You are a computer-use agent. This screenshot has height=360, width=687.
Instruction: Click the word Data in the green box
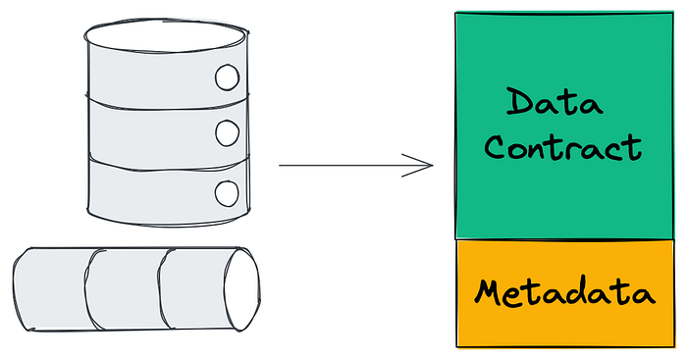[555, 102]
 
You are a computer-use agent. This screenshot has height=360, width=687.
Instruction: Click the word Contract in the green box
[563, 147]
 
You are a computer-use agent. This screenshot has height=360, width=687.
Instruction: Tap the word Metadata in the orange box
[564, 292]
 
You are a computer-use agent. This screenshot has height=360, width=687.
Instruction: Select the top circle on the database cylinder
[227, 77]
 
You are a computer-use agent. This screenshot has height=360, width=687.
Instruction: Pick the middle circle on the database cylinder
[228, 133]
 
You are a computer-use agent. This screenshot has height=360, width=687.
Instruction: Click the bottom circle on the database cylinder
[227, 193]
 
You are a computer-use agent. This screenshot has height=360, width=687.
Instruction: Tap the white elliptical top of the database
[166, 35]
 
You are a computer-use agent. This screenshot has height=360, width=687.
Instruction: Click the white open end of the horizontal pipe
[242, 289]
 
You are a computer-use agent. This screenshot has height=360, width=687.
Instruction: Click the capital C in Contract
[495, 147]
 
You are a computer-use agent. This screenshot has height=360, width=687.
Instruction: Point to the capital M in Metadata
[488, 291]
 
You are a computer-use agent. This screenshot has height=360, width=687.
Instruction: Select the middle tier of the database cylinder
[167, 133]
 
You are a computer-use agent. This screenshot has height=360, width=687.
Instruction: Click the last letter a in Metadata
[644, 294]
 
